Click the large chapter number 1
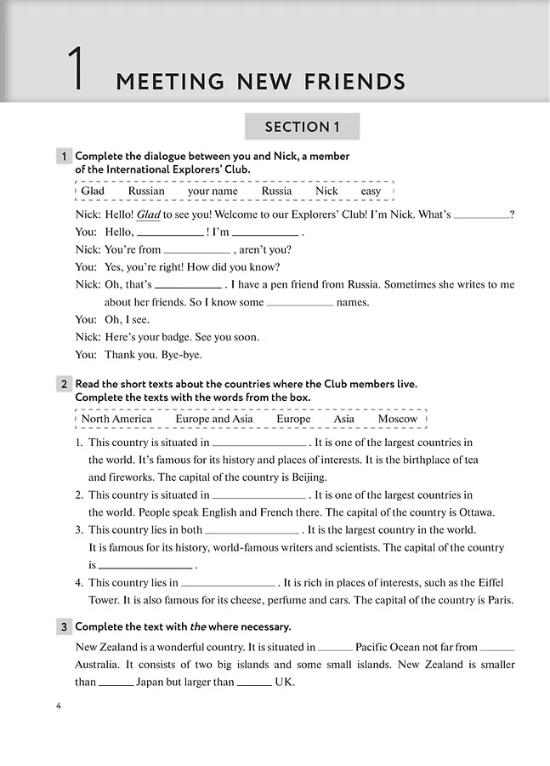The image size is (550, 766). [x=77, y=70]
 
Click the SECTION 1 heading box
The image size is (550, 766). [x=302, y=127]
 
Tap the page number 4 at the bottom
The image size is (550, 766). [x=58, y=706]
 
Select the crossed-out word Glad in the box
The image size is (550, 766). [x=93, y=191]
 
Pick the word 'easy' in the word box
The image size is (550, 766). [x=371, y=191]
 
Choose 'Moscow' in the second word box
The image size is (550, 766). [x=397, y=419]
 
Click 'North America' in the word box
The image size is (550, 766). [x=116, y=419]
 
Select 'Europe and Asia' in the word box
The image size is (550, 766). [x=213, y=419]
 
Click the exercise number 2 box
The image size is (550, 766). [x=64, y=385]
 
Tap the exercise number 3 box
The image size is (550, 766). [x=64, y=627]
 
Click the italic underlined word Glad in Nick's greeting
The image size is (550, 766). [x=149, y=214]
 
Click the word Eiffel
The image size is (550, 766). [x=485, y=582]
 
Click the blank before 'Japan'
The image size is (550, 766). [x=116, y=683]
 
